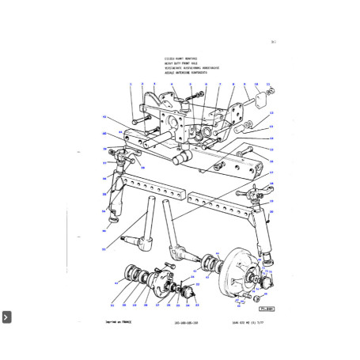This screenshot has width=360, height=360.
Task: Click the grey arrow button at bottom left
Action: [x=6, y=316]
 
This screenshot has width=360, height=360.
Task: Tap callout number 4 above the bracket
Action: [x=171, y=83]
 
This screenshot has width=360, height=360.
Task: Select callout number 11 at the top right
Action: [x=269, y=83]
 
